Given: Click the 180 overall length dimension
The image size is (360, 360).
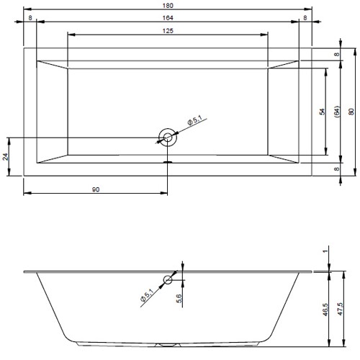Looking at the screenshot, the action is (168, 5).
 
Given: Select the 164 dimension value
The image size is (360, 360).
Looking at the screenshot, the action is (168, 18).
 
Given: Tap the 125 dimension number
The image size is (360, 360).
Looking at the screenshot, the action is (168, 31).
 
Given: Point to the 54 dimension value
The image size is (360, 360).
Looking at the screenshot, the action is (323, 112).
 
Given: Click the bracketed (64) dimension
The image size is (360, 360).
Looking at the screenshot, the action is (337, 112).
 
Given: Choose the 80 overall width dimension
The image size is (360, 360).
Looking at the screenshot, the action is (351, 112).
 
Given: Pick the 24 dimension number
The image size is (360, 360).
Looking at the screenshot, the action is (6, 157).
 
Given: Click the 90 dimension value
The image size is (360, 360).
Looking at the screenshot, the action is (96, 189).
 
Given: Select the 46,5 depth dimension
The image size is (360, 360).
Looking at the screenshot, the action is (325, 310).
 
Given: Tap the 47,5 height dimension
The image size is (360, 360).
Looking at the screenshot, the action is (340, 310).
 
